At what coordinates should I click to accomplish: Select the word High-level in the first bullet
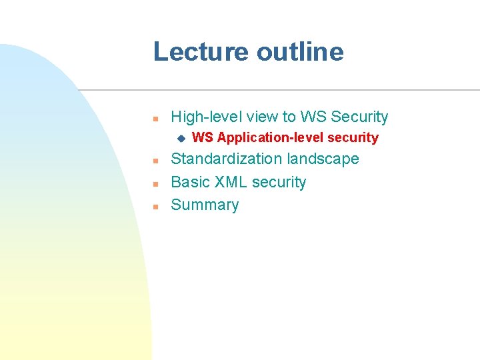[x=207, y=117]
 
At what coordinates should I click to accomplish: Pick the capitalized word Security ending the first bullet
[x=359, y=117]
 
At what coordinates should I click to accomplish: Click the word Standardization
[x=227, y=159]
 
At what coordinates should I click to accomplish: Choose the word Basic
[x=189, y=182]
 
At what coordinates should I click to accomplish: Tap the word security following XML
[x=279, y=182]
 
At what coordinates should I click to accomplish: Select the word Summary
[x=205, y=205]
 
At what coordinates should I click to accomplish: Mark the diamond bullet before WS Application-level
[x=179, y=139]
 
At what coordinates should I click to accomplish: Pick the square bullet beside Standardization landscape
[x=155, y=161]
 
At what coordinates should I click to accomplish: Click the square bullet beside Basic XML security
[x=155, y=183]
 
